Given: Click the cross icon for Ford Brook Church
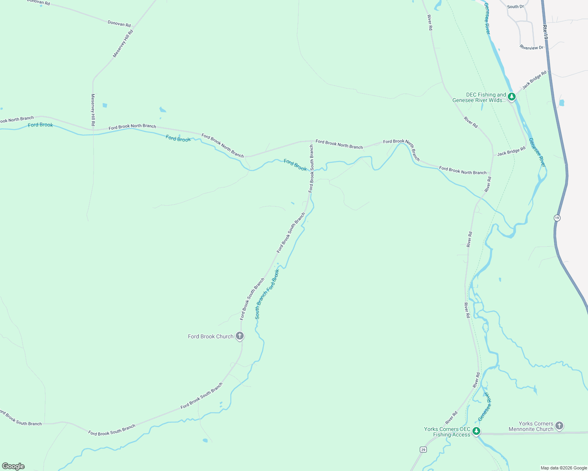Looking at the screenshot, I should point(240,336).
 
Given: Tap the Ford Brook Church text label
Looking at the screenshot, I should point(210,336).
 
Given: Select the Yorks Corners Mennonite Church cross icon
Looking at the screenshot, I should point(559,426).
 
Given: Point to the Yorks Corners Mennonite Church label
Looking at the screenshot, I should point(531,426).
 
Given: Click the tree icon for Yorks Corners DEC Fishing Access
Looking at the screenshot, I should point(476,431).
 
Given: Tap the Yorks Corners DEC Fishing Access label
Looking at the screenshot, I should point(447,432).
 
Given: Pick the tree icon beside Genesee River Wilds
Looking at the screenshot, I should point(511,96).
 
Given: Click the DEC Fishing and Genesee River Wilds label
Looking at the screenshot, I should point(479,97).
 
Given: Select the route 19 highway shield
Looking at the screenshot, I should point(557,218).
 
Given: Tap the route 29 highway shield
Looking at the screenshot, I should point(423,449).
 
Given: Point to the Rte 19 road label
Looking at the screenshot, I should point(545,32).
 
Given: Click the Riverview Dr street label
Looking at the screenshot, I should point(531,47).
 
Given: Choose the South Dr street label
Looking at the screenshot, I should point(515,7).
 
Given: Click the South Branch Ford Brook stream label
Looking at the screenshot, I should point(267,294).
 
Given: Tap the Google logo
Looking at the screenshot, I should point(13,466).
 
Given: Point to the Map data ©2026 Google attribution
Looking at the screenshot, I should point(563,468).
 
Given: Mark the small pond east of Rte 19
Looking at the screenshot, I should point(561,103).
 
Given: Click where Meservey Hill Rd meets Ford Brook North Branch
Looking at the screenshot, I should point(93,129).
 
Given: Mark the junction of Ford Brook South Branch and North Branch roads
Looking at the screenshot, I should point(312,141).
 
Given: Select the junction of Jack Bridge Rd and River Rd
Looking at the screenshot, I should point(493,155).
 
